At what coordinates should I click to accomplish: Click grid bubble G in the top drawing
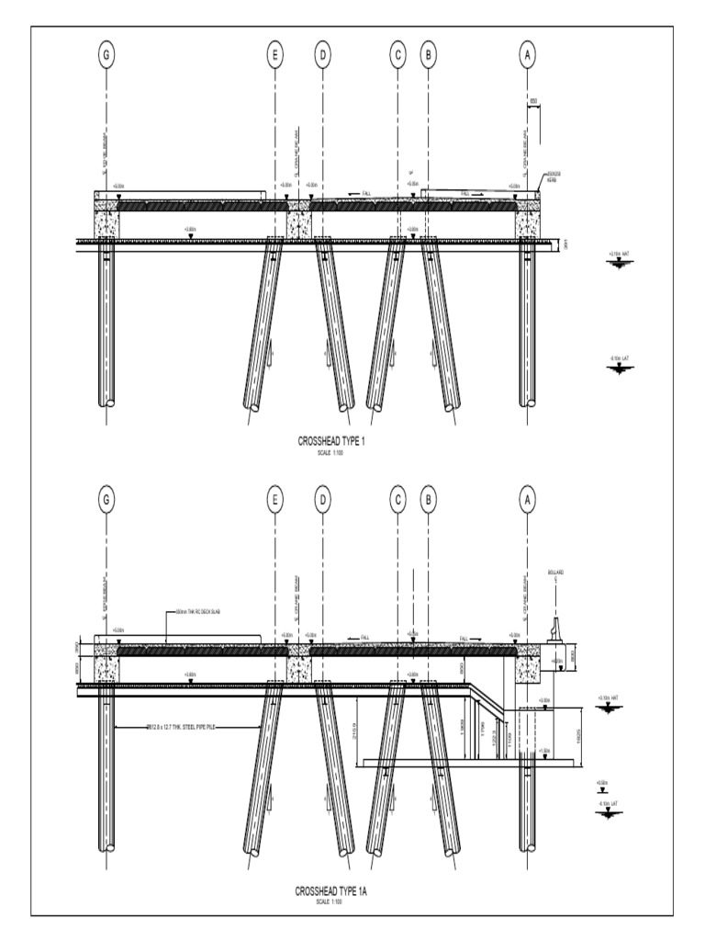(107, 55)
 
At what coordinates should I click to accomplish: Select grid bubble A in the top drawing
(528, 55)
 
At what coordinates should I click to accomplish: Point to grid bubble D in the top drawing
(322, 55)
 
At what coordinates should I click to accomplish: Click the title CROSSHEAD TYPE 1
(331, 442)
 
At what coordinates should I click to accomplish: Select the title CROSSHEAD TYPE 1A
(330, 890)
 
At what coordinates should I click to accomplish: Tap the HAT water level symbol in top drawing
(619, 262)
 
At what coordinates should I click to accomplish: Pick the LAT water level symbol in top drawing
(619, 367)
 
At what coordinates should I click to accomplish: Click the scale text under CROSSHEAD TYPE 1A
(330, 901)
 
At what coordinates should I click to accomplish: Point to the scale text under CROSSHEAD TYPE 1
(331, 452)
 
